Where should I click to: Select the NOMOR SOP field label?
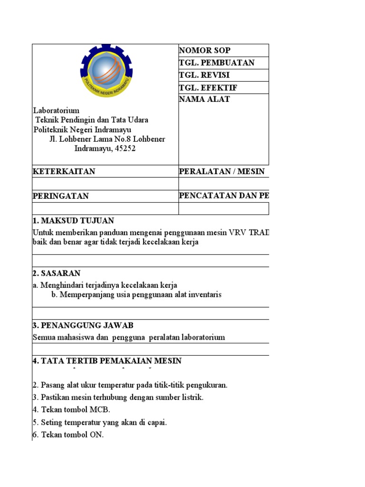[204, 50]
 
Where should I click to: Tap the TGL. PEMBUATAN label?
[217, 63]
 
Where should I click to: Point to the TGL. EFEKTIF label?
[208, 88]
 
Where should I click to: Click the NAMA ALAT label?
[204, 99]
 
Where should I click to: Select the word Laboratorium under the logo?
[56, 110]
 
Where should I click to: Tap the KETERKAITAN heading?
[64, 172]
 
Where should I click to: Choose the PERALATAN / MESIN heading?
[221, 172]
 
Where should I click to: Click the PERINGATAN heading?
[60, 196]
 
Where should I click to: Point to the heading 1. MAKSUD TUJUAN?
[73, 221]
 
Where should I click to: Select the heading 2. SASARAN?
[57, 273]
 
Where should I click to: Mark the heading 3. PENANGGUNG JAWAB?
[83, 325]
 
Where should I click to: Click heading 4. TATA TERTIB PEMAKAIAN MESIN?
[107, 361]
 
